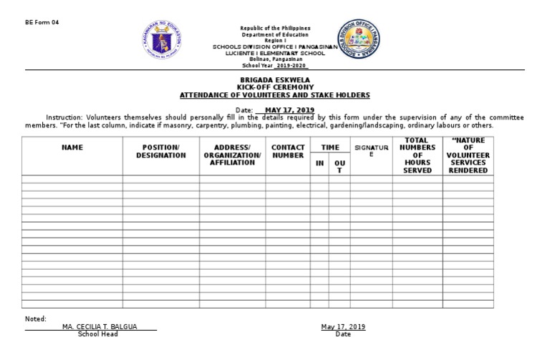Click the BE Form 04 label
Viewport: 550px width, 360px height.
point(42,22)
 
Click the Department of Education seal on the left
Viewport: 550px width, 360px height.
point(163,42)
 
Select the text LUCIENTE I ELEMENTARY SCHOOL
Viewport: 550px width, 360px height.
point(275,52)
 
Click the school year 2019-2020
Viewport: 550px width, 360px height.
point(287,64)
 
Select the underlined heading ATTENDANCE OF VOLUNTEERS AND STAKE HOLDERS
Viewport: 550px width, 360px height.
point(275,94)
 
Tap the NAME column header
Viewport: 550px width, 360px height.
point(72,147)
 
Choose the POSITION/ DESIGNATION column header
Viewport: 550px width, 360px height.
point(160,151)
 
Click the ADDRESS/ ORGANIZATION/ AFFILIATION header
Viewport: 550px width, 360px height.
point(233,155)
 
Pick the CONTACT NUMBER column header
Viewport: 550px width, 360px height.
point(288,151)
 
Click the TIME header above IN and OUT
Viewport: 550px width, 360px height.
point(329,147)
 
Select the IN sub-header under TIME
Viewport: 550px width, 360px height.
point(319,163)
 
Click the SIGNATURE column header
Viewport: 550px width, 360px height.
point(371,150)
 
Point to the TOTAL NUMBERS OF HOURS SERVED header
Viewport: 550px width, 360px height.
point(417,155)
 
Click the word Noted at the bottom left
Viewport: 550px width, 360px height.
point(36,318)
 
